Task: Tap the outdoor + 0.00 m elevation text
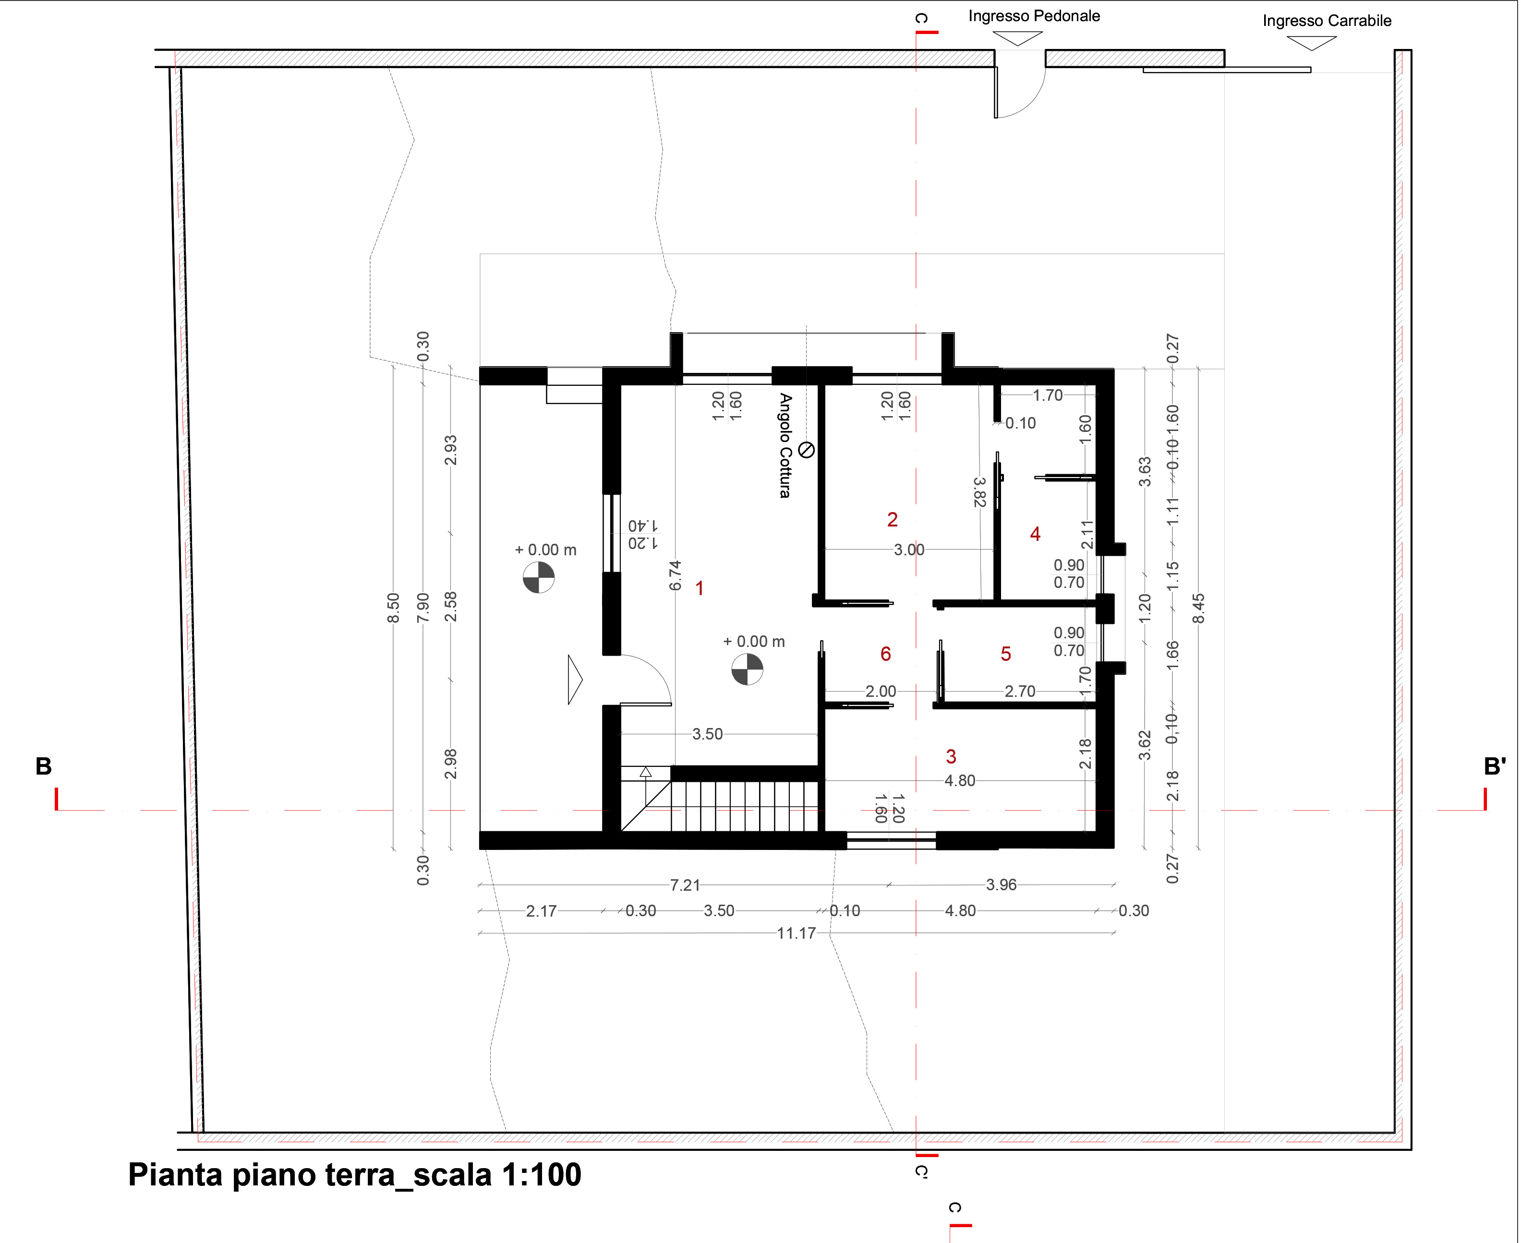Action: pos(546,550)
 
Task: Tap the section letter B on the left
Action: pos(44,767)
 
